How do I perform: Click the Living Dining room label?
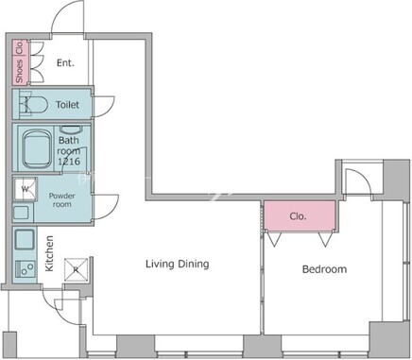[x=178, y=264]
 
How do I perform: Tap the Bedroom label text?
[x=324, y=269]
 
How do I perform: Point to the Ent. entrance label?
[x=65, y=63]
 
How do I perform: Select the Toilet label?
[x=67, y=105]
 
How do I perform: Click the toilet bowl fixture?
[x=33, y=105]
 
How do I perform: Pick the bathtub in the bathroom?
[x=37, y=149]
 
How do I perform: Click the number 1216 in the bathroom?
[x=69, y=162]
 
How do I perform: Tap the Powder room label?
[x=62, y=200]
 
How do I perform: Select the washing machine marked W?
[x=26, y=189]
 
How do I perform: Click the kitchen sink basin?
[x=25, y=240]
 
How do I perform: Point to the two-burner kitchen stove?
[x=26, y=269]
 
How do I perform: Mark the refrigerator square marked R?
[x=76, y=269]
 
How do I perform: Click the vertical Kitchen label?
[x=49, y=253]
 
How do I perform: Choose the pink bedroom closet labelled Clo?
[x=300, y=216]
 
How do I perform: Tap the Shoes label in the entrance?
[x=20, y=71]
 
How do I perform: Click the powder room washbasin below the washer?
[x=21, y=213]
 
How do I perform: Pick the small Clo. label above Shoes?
[x=20, y=47]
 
